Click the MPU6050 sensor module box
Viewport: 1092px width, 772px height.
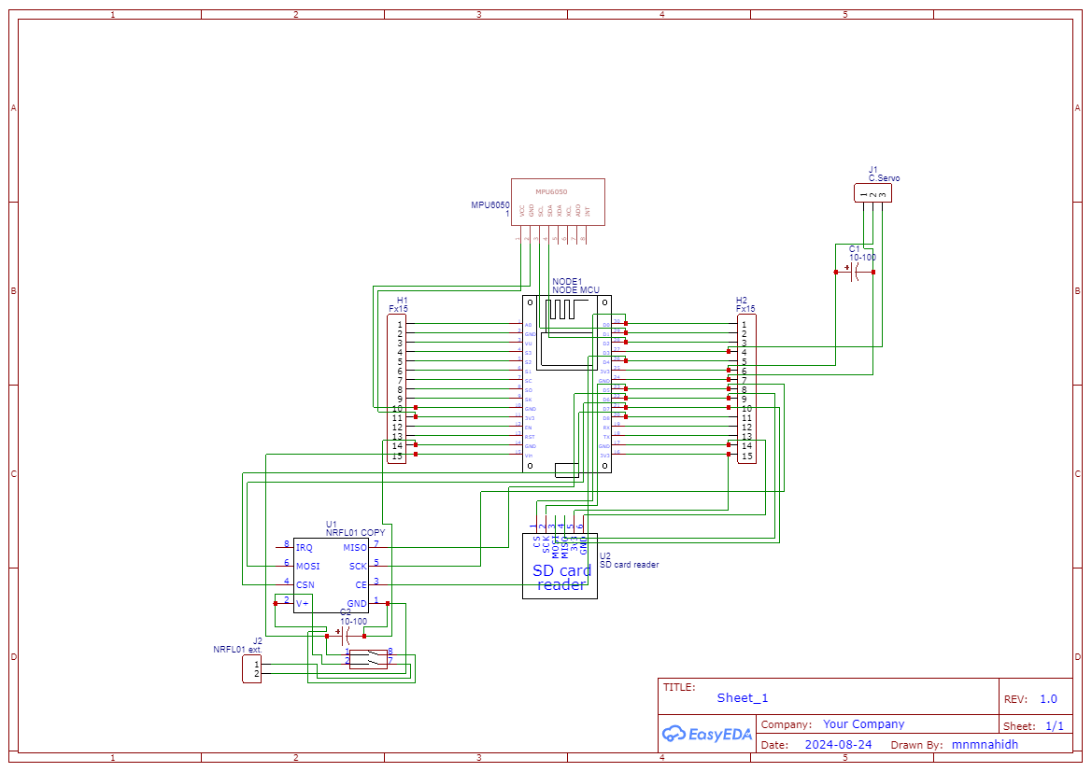(x=558, y=201)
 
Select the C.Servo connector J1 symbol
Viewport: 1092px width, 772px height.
(x=872, y=193)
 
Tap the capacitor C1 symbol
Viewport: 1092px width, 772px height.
(x=855, y=272)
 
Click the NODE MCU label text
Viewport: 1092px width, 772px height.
(x=575, y=290)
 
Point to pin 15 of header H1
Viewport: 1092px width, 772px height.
(x=397, y=456)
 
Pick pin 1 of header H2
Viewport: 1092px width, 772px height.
(x=745, y=325)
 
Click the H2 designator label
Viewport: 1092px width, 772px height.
(x=742, y=300)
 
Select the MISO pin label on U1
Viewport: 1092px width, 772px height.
(x=355, y=547)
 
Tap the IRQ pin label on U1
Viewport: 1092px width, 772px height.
(x=305, y=547)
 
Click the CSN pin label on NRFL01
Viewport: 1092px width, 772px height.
(x=305, y=585)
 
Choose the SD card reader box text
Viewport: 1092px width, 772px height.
(x=561, y=577)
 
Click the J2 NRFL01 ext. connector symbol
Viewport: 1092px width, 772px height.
(x=251, y=668)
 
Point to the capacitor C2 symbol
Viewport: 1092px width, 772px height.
(x=347, y=636)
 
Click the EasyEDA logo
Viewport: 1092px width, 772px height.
(x=707, y=734)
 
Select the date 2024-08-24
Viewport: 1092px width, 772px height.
(x=838, y=745)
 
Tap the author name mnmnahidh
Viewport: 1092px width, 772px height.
(x=985, y=745)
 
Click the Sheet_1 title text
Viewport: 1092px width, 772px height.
(x=743, y=697)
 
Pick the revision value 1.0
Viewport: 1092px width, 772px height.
(x=1048, y=698)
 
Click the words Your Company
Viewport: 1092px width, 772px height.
(x=863, y=723)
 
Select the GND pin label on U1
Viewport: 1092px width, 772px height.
(x=357, y=604)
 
